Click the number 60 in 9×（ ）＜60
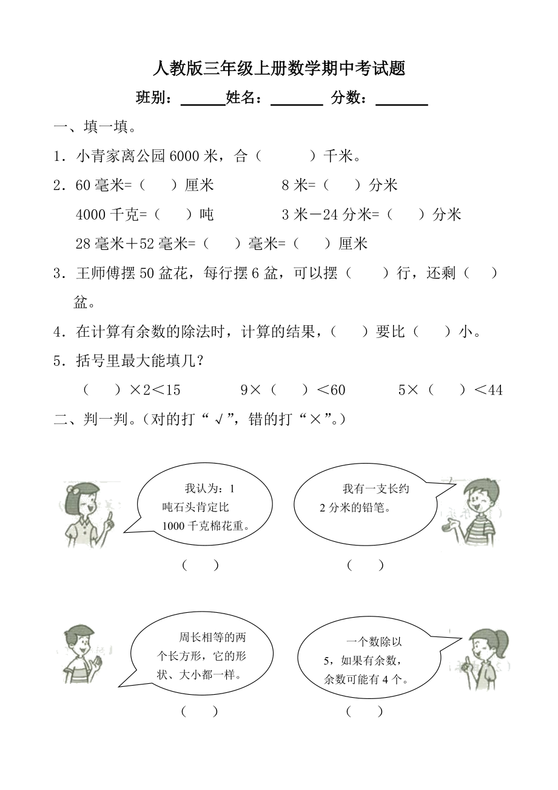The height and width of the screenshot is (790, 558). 337,390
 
